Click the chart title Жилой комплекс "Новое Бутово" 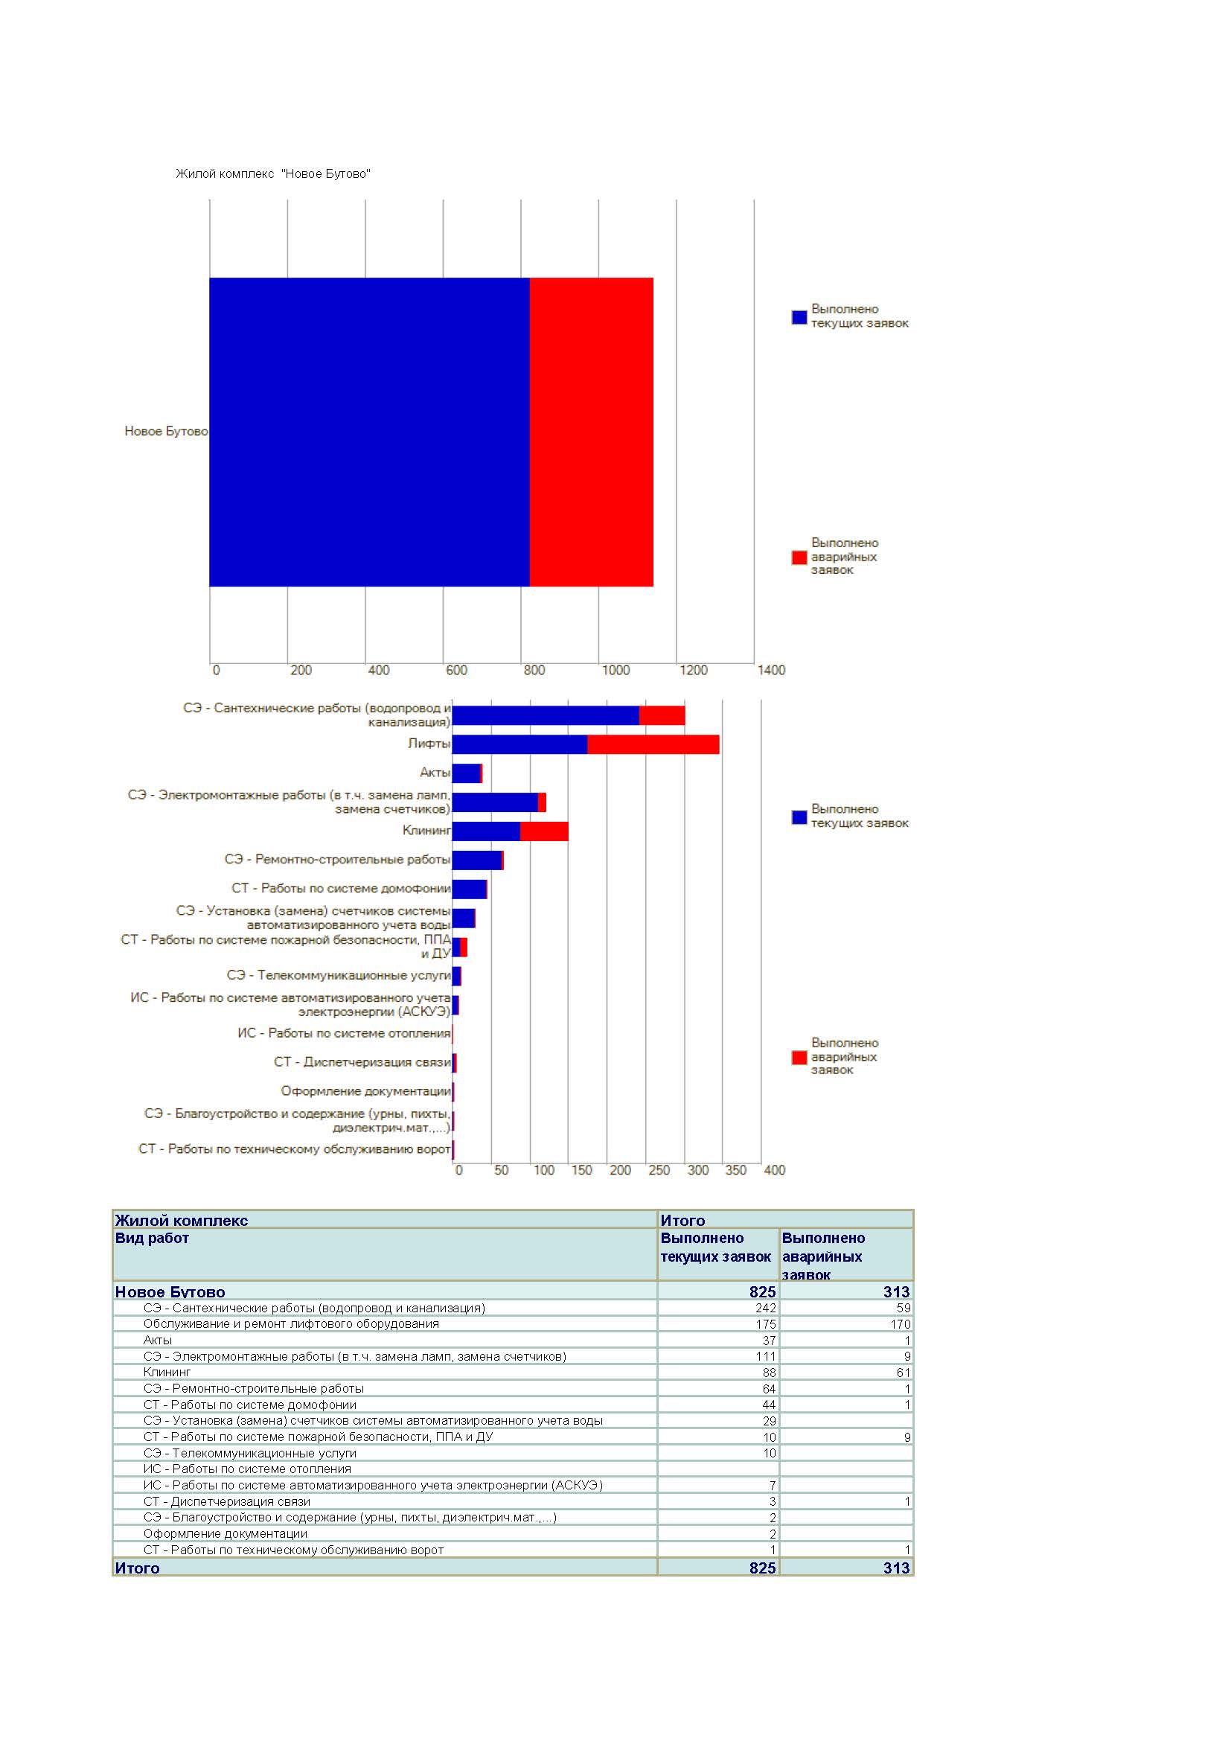[x=273, y=173]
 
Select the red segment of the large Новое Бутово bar [x=591, y=432]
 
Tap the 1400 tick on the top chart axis [x=771, y=671]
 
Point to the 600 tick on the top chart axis [x=456, y=671]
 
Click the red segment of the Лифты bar [x=653, y=744]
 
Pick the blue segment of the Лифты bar [x=520, y=744]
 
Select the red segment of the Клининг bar [x=544, y=831]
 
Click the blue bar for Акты [x=466, y=773]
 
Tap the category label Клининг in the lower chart [x=426, y=831]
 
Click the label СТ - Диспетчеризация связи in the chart [x=362, y=1062]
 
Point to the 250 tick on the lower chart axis [x=659, y=1170]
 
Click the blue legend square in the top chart [x=799, y=317]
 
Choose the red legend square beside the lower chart [x=799, y=1057]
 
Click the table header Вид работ [x=152, y=1239]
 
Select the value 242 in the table [x=766, y=1308]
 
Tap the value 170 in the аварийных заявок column [x=901, y=1324]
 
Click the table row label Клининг [x=167, y=1373]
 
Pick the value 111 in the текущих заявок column [x=766, y=1357]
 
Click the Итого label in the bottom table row [x=137, y=1568]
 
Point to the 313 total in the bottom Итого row [x=897, y=1568]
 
